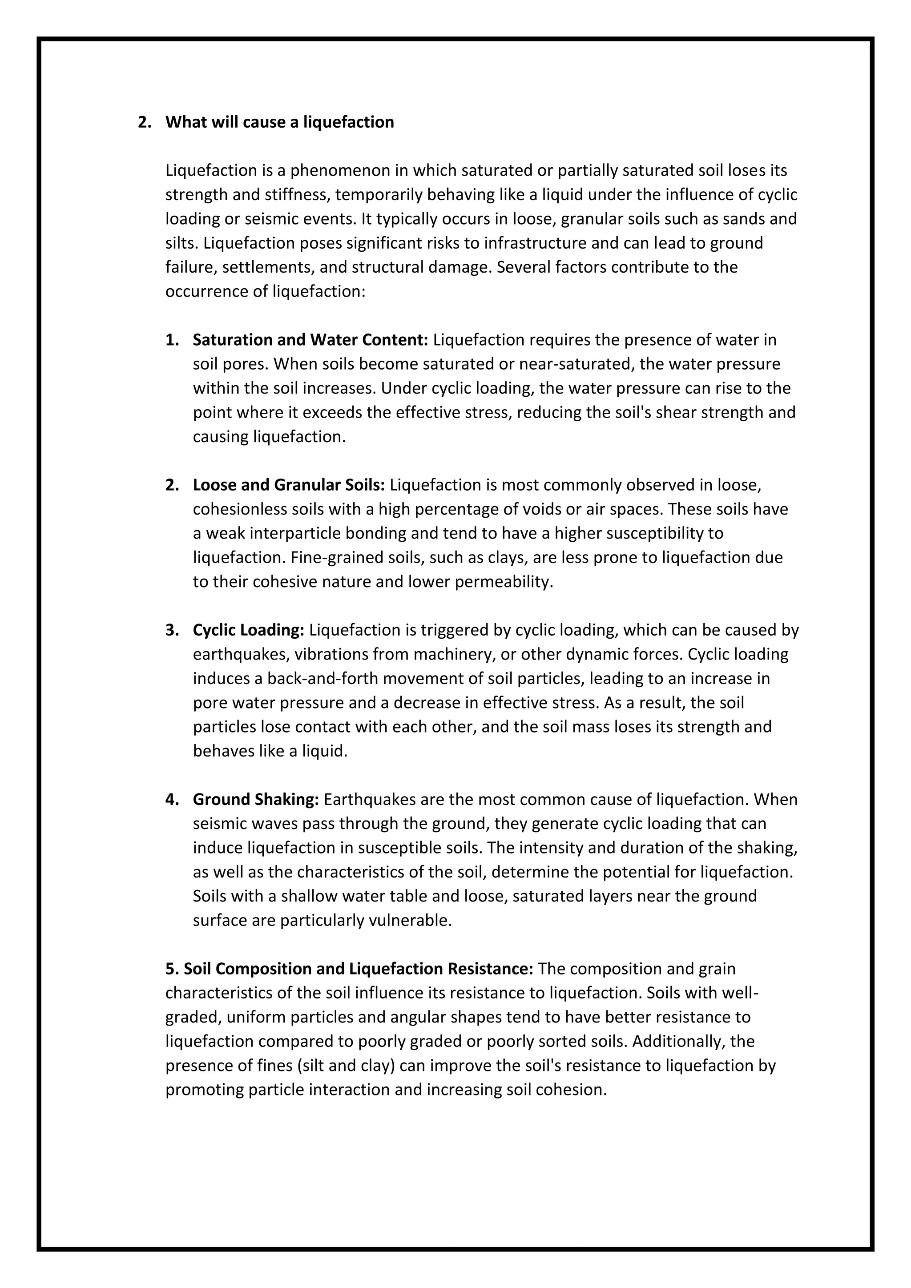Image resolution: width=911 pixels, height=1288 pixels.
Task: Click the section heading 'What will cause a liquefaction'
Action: [279, 122]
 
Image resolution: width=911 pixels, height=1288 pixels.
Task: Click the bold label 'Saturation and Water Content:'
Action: [310, 340]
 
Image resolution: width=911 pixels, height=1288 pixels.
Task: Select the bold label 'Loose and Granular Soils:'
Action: [288, 485]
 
